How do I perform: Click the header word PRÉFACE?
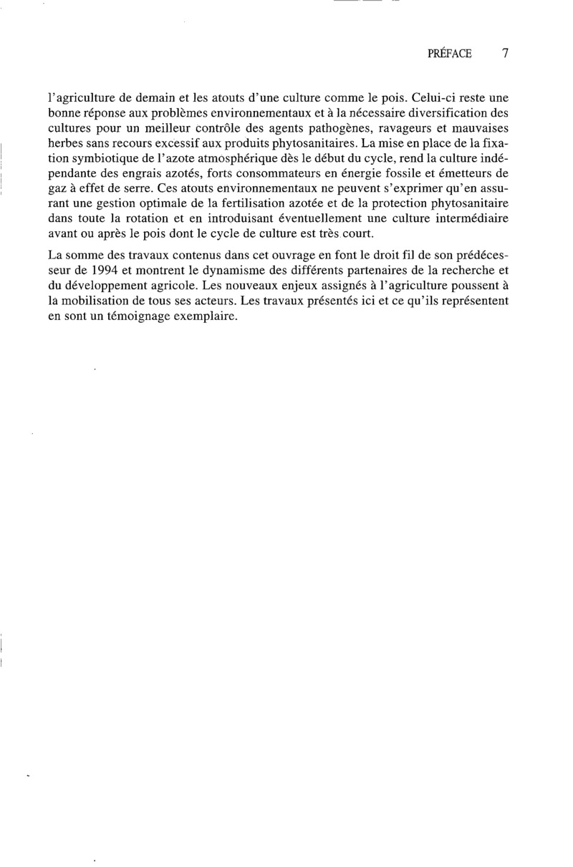click(x=449, y=54)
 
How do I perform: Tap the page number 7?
click(x=506, y=54)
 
